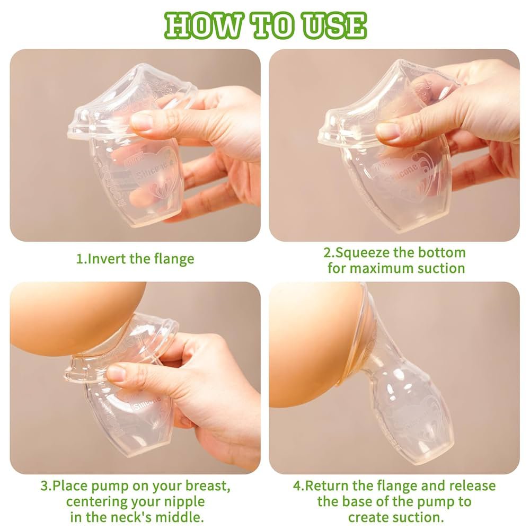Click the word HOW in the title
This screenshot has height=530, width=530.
click(x=204, y=25)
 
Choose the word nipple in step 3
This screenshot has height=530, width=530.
click(x=184, y=502)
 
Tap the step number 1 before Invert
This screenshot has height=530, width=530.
click(x=79, y=259)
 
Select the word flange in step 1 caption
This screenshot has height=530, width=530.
click(x=174, y=259)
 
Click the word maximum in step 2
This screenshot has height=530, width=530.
click(x=382, y=268)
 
